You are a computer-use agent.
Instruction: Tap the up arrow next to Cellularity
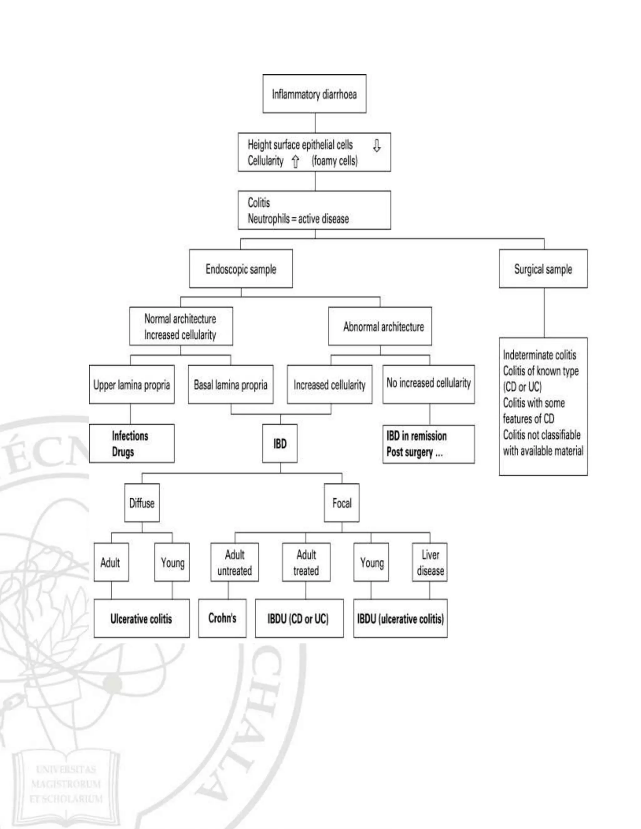[x=295, y=162]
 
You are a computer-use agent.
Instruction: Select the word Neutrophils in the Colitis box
[x=269, y=219]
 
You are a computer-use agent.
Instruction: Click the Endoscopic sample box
[x=241, y=269]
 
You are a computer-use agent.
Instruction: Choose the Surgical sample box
[x=543, y=269]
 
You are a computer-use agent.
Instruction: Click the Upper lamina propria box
[x=131, y=384]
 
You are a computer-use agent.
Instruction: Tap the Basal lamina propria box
[x=230, y=384]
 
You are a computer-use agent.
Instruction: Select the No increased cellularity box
[x=428, y=384]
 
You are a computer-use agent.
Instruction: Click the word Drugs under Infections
[x=123, y=452]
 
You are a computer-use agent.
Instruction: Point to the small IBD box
[x=279, y=443]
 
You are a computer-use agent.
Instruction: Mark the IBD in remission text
[x=416, y=436]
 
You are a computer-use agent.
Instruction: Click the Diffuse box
[x=142, y=503]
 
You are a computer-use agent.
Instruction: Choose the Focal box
[x=341, y=503]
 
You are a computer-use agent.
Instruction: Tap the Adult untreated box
[x=234, y=562]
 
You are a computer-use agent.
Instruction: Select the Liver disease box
[x=430, y=562]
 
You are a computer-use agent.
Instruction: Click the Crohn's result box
[x=222, y=618]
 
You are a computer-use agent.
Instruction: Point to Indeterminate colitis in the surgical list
[x=539, y=355]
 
